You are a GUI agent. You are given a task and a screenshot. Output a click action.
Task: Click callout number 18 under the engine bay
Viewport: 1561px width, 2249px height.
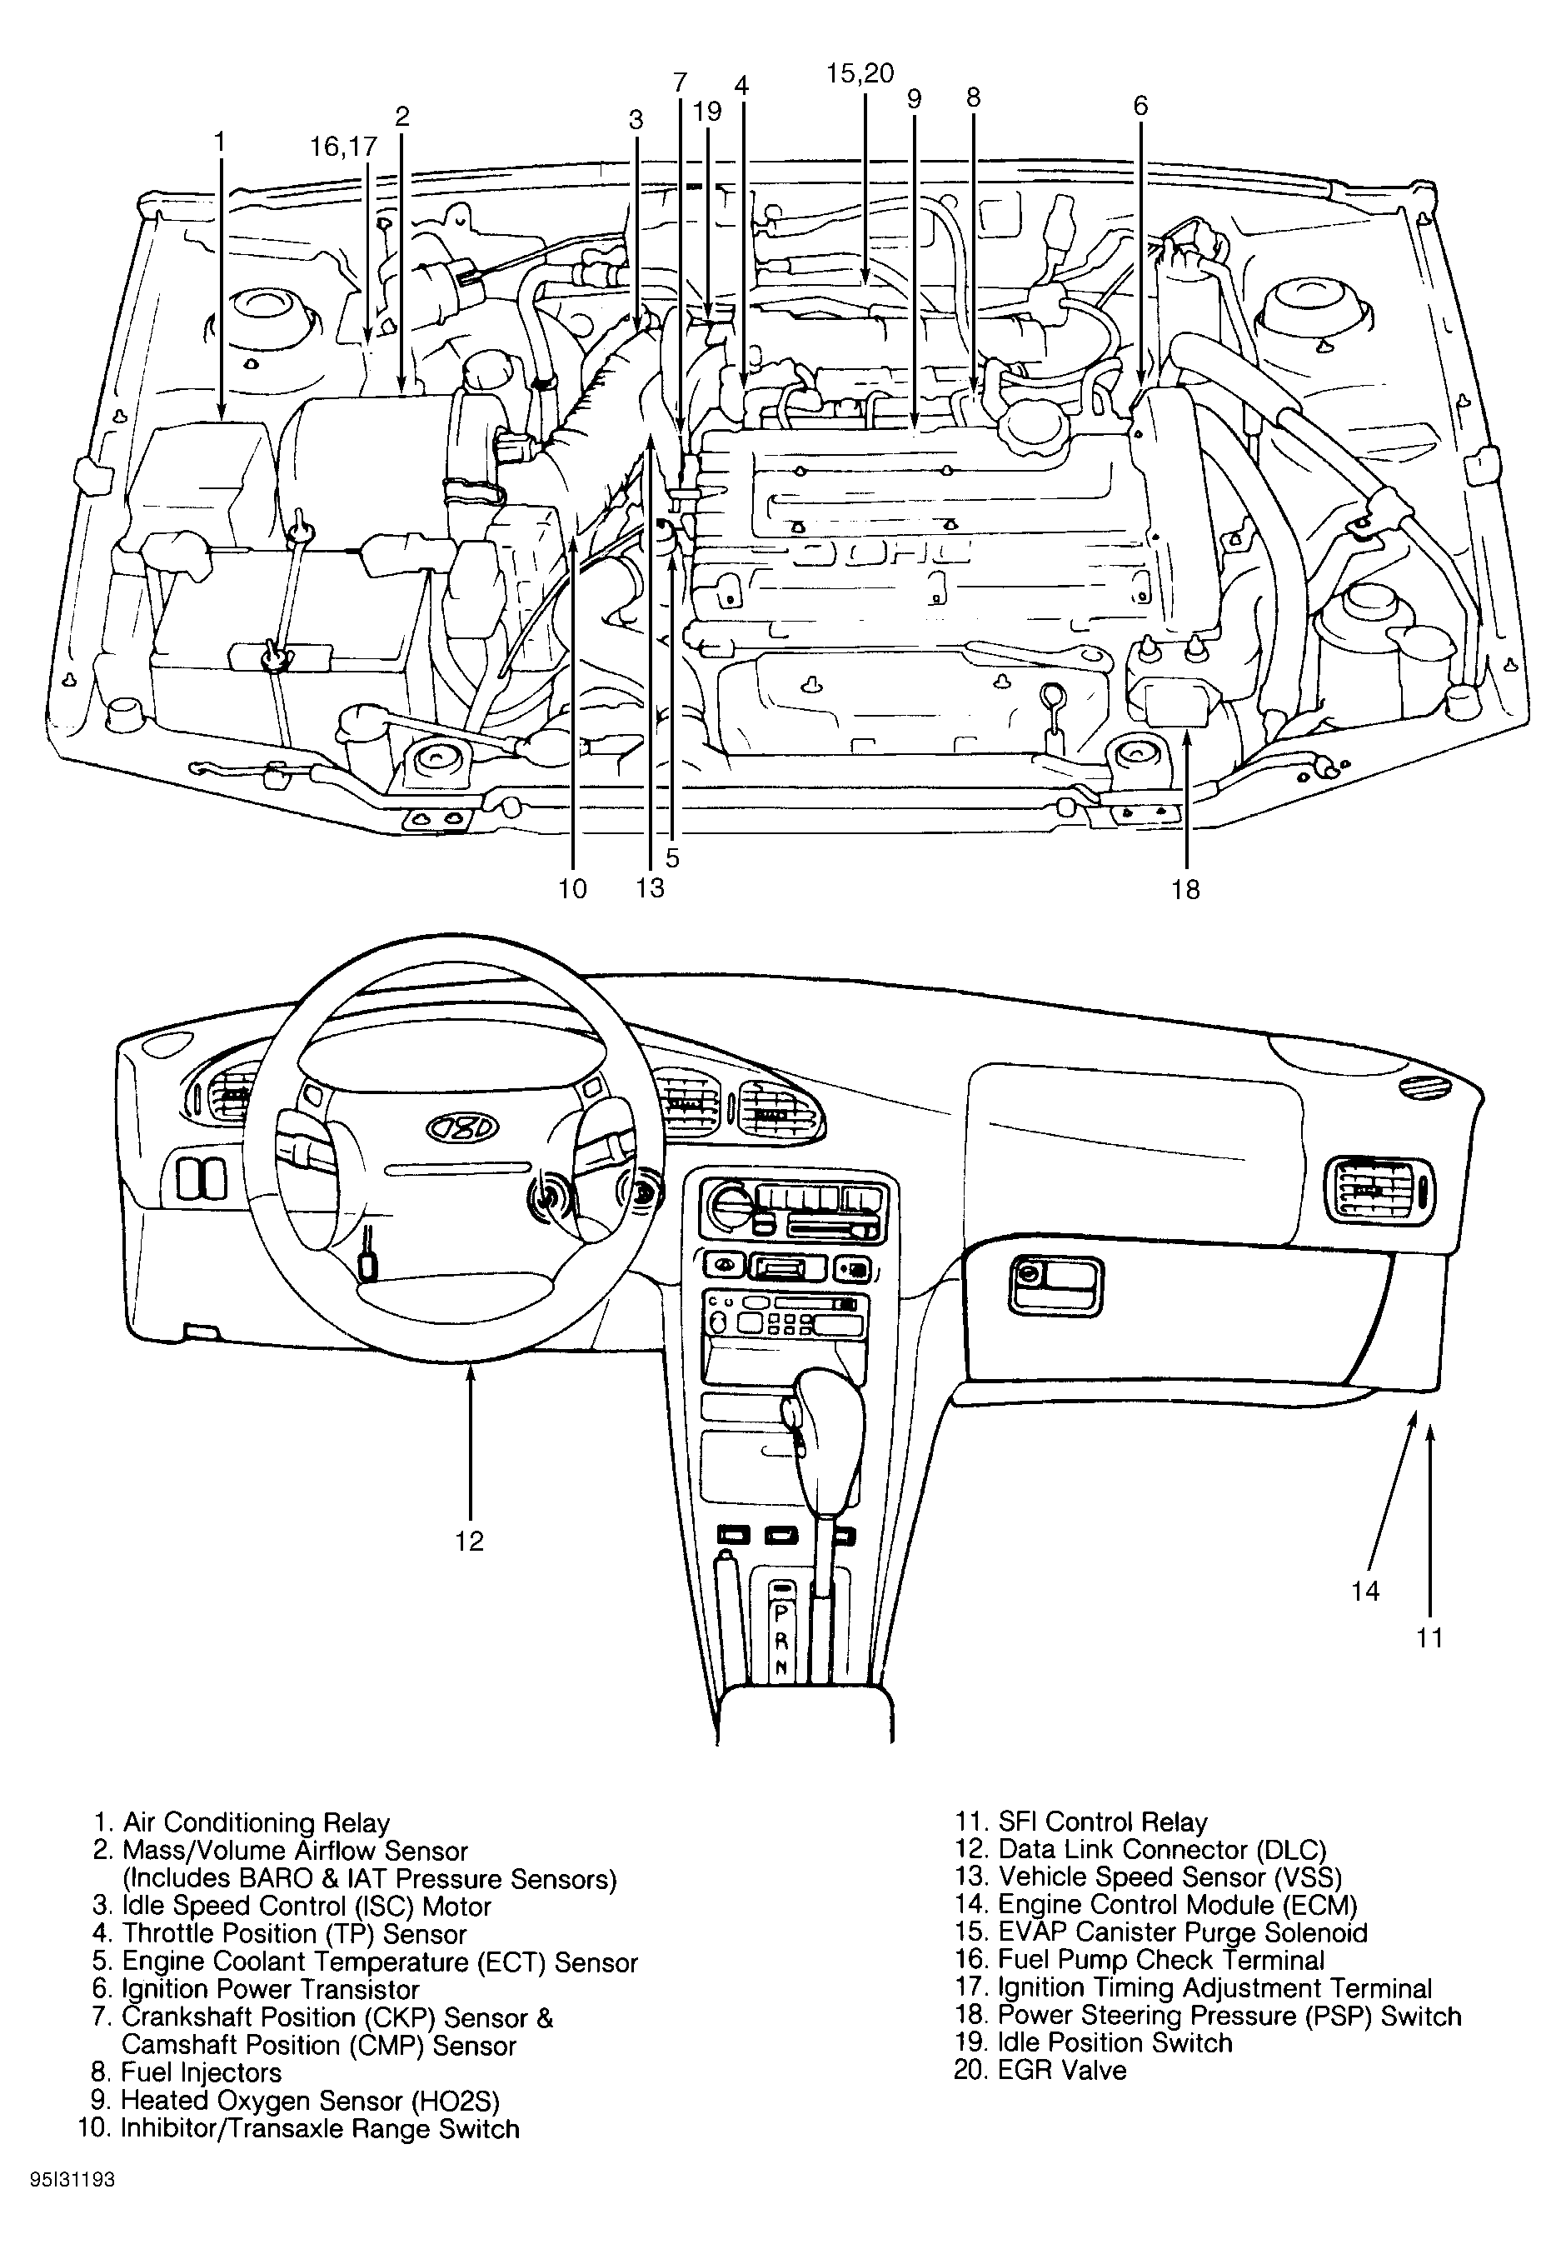(1185, 889)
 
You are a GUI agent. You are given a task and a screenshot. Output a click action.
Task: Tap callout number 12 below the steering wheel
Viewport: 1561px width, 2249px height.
(470, 1541)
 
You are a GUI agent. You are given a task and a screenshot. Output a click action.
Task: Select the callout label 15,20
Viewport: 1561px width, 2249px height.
(860, 74)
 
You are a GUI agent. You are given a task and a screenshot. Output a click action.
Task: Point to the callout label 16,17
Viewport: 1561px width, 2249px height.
(343, 147)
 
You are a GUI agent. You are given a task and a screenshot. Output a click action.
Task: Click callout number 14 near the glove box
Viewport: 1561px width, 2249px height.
(1365, 1591)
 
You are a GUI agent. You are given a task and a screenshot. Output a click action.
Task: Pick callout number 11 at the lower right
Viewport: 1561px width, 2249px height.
(1430, 1637)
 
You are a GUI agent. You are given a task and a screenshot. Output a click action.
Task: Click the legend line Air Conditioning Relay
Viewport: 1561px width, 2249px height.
(242, 1822)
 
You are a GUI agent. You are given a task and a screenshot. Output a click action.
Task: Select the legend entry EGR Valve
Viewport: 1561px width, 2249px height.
(1040, 2070)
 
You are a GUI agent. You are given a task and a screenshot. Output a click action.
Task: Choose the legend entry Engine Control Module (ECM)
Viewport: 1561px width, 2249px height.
(1156, 1905)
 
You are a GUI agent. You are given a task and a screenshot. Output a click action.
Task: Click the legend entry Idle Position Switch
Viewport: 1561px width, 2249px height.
(1094, 2042)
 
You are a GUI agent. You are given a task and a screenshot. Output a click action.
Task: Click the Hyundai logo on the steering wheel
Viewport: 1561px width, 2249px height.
(461, 1129)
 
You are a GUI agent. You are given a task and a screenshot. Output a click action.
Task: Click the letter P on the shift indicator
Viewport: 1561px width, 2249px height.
(781, 1613)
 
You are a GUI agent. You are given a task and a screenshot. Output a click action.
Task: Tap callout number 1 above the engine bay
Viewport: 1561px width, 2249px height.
(220, 142)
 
